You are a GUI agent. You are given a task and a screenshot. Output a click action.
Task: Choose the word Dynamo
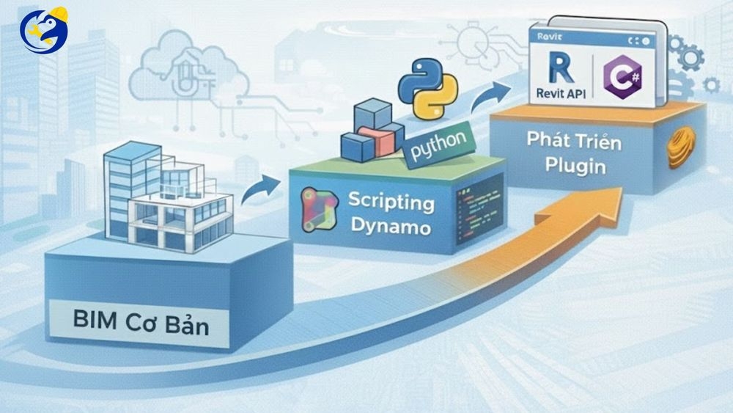tap(389, 227)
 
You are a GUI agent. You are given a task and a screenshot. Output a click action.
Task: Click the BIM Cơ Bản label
tap(140, 324)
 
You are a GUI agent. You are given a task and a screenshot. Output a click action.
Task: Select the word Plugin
tap(575, 166)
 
